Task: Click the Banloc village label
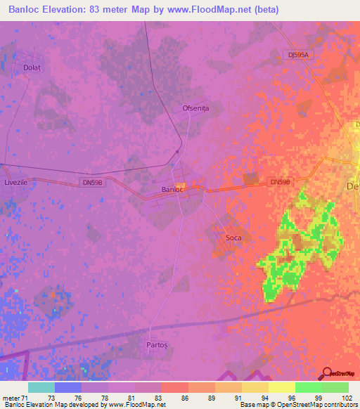click(172, 190)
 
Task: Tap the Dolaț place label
click(31, 68)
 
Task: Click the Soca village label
click(233, 238)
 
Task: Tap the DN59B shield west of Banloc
click(91, 181)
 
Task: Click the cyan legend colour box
click(41, 387)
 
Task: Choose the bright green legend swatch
click(308, 387)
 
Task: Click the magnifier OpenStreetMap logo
click(327, 373)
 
